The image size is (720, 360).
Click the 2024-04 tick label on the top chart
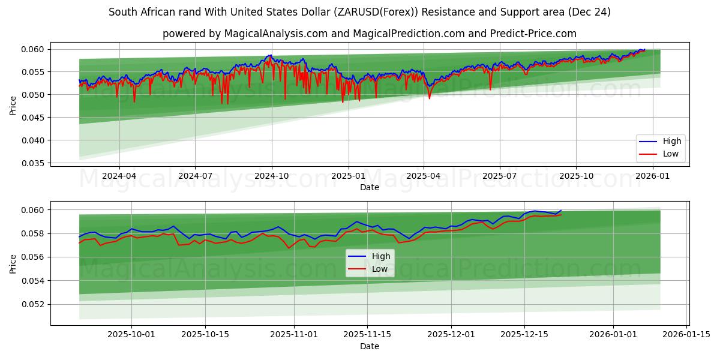pyautogui.click(x=119, y=176)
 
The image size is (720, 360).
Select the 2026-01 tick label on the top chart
pyautogui.click(x=652, y=176)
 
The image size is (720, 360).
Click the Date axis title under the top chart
pyautogui.click(x=369, y=187)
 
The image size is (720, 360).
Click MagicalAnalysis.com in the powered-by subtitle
pyautogui.click(x=272, y=34)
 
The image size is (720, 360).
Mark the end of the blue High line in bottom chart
pyautogui.click(x=561, y=211)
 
